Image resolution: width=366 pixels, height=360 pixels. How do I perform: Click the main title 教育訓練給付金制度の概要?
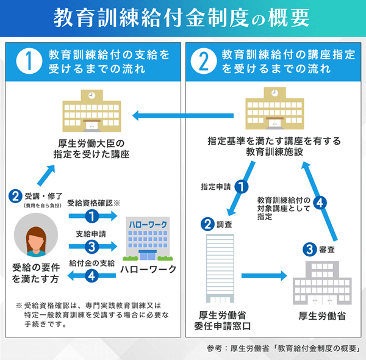[182, 18]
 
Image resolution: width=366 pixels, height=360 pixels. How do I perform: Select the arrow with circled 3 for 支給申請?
[91, 247]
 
